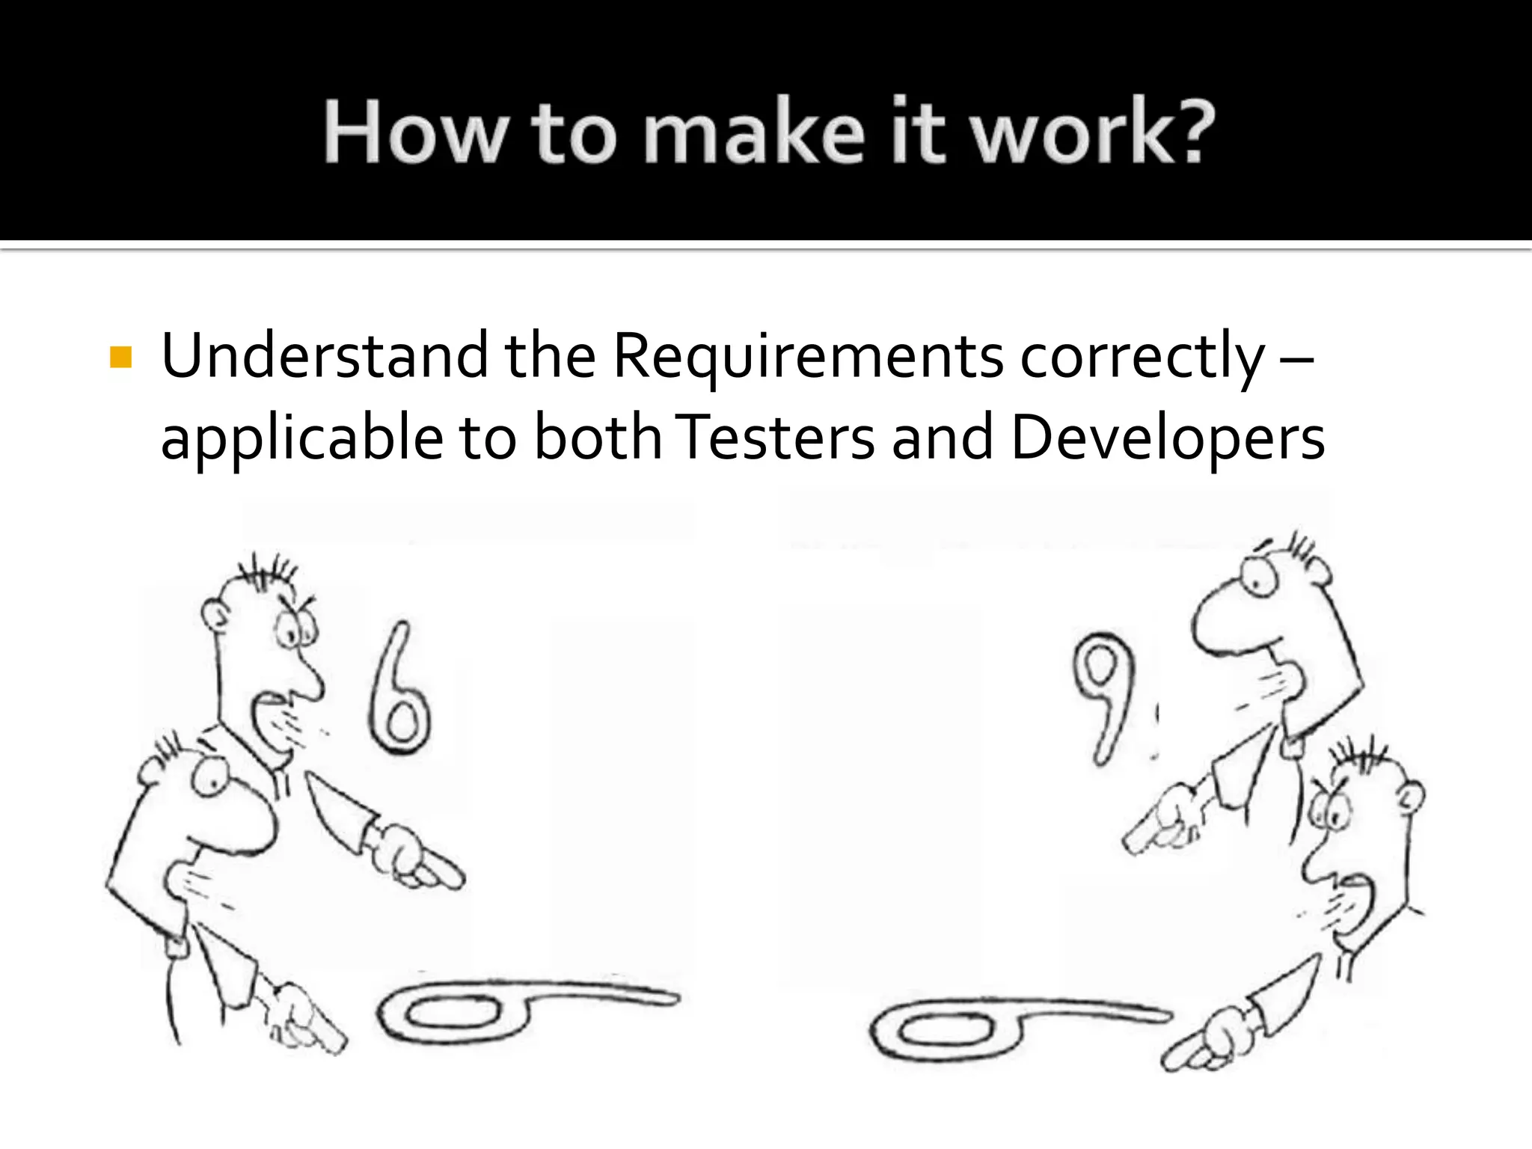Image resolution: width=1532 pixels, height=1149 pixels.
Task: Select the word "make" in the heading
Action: pos(753,132)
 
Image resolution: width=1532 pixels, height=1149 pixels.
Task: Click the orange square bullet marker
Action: pos(120,358)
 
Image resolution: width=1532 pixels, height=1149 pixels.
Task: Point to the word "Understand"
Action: pos(324,356)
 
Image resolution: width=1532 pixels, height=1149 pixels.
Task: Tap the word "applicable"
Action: pos(301,438)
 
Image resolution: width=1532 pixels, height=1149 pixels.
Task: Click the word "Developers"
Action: pos(1167,438)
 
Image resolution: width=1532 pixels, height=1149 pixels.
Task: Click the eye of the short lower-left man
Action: pos(209,778)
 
